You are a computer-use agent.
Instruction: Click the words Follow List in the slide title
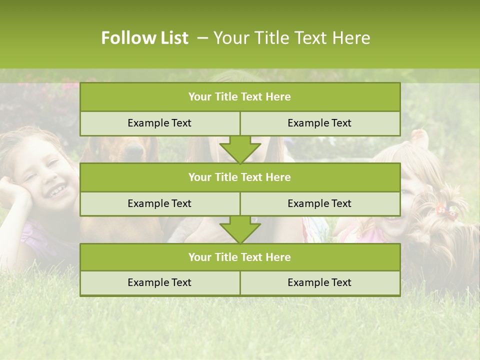(144, 38)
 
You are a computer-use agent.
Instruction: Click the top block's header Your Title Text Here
(239, 97)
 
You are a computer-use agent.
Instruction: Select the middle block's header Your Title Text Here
(239, 177)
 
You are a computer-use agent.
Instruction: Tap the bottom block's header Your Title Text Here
(239, 257)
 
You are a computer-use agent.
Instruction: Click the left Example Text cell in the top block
(159, 123)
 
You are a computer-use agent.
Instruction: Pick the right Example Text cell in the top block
(319, 123)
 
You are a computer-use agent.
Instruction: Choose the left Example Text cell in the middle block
(159, 203)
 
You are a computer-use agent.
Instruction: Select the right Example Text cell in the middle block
(319, 203)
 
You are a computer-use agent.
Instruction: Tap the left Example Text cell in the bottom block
(159, 282)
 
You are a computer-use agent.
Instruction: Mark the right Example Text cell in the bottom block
(319, 282)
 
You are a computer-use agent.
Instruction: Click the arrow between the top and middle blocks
(240, 149)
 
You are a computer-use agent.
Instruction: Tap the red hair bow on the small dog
(447, 211)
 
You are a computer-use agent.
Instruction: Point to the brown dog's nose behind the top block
(134, 148)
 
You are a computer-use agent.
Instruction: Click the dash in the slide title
(203, 38)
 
